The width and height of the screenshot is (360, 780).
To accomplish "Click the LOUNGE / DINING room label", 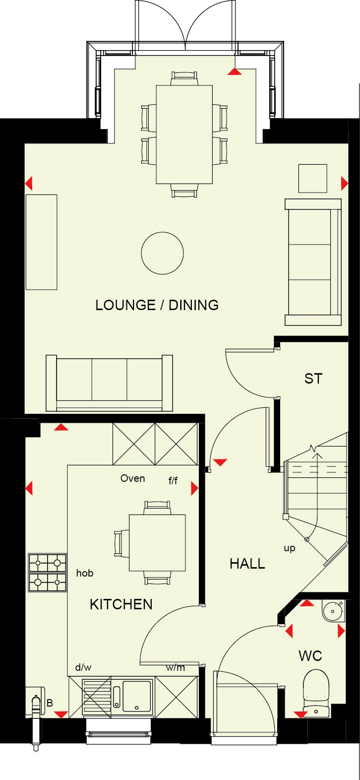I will point(157,305).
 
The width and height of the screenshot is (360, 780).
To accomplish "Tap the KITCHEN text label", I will point(121,604).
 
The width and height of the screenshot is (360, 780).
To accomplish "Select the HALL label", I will point(247,564).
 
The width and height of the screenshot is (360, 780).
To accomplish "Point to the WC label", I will point(310,656).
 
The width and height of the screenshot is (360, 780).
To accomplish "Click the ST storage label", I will point(313,379).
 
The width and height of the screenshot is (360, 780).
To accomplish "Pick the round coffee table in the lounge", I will point(162,253).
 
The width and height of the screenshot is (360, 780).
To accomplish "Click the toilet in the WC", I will point(316,690).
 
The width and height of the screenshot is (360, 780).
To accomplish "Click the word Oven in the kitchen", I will point(133,478).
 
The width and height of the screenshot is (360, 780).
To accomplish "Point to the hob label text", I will point(85,573).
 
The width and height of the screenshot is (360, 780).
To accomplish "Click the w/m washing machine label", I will point(175,668).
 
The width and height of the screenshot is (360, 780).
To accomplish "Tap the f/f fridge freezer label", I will point(173,480).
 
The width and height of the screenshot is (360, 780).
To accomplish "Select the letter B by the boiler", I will point(50,703).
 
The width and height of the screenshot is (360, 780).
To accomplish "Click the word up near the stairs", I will point(290,548).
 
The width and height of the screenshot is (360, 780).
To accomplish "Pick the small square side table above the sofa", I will point(312,179).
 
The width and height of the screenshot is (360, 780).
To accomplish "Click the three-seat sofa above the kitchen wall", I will point(109,382).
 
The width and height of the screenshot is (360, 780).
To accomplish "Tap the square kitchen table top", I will point(157,543).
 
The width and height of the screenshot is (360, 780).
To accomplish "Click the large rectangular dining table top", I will point(184,134).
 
